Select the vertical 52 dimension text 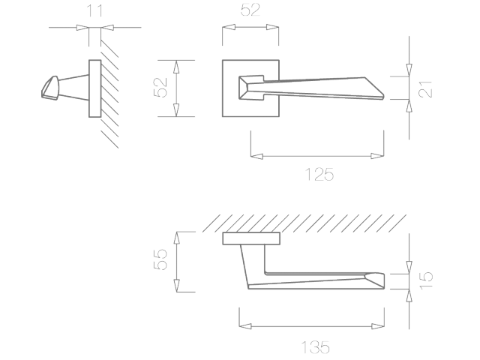(x=160, y=88)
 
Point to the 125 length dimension (x=319, y=175)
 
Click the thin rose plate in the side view (x=94, y=88)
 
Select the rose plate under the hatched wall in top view (x=251, y=238)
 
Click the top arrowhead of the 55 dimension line (x=177, y=235)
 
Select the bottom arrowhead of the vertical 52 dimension (x=177, y=112)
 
